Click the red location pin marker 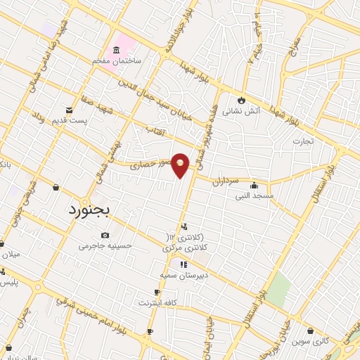181,164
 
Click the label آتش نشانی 242,110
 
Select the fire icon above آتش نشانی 242,99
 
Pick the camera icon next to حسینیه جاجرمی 105,236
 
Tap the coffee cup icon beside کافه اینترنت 157,292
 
